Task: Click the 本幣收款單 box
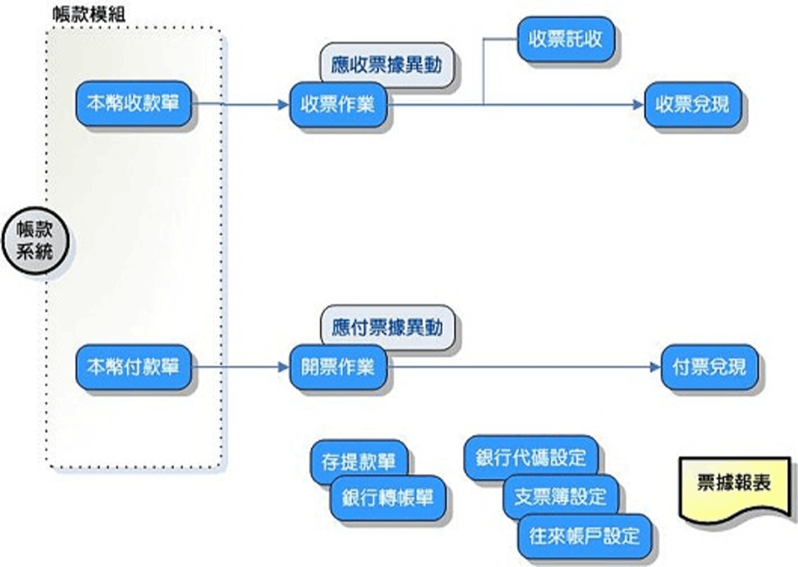pos(133,104)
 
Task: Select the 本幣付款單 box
pos(133,366)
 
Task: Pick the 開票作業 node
pos(338,366)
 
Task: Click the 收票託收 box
pos(565,39)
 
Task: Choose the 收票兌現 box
pos(692,105)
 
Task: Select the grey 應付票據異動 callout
pos(388,328)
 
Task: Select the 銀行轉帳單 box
pos(388,497)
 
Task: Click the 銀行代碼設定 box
pos(530,457)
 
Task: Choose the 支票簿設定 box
pos(561,496)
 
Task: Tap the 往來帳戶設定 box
pos(584,535)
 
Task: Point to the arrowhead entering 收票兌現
pos(637,105)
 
